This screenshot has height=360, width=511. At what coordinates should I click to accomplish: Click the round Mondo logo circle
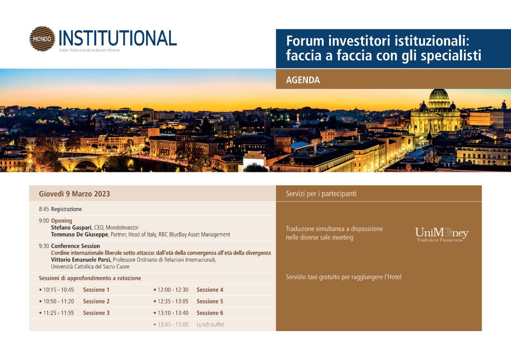point(42,39)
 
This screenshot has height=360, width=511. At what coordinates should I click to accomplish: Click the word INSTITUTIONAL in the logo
point(118,38)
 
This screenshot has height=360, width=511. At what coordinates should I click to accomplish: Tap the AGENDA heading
point(303,80)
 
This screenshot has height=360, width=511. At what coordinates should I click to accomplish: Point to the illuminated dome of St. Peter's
point(439,95)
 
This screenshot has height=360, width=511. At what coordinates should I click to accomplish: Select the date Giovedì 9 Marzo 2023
point(75,194)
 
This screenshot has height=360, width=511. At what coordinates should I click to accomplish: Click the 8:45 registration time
point(44,209)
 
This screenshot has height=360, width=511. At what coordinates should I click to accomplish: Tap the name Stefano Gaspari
point(71,228)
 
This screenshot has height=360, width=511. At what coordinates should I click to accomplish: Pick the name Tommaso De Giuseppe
point(79,234)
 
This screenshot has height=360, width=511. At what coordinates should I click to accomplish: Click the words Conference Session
point(75,246)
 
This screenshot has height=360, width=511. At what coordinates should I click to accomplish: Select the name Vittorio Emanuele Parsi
point(81,260)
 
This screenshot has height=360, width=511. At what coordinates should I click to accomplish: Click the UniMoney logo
point(442,234)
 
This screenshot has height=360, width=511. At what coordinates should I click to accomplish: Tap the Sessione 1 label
point(96,290)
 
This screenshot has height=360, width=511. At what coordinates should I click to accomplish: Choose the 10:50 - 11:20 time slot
point(59,301)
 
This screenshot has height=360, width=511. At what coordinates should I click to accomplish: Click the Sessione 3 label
point(96,313)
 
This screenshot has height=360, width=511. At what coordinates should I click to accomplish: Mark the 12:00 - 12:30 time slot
point(173,290)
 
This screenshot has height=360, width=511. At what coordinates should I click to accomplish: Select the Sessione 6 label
point(210,313)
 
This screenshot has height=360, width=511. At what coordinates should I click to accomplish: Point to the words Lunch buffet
point(210,324)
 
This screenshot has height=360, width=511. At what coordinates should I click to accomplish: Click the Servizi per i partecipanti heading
point(321,194)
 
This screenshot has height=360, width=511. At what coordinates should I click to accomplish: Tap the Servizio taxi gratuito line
point(344,277)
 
